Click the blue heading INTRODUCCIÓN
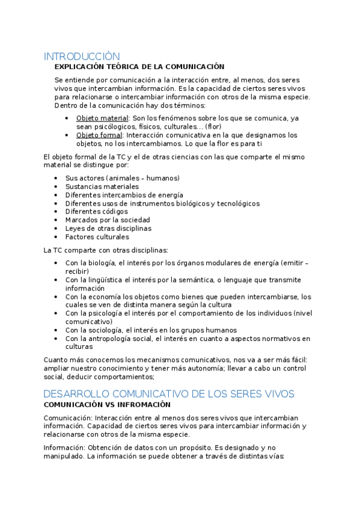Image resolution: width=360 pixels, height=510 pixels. point(82,57)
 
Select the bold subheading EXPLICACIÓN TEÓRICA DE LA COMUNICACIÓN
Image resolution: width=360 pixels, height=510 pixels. point(139,67)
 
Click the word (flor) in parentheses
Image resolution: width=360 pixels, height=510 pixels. point(214,126)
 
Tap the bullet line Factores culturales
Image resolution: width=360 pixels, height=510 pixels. point(97,237)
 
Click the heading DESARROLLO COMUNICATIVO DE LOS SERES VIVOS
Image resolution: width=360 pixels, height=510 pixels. point(169,394)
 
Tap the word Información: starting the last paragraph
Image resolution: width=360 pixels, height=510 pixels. point(64,447)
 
